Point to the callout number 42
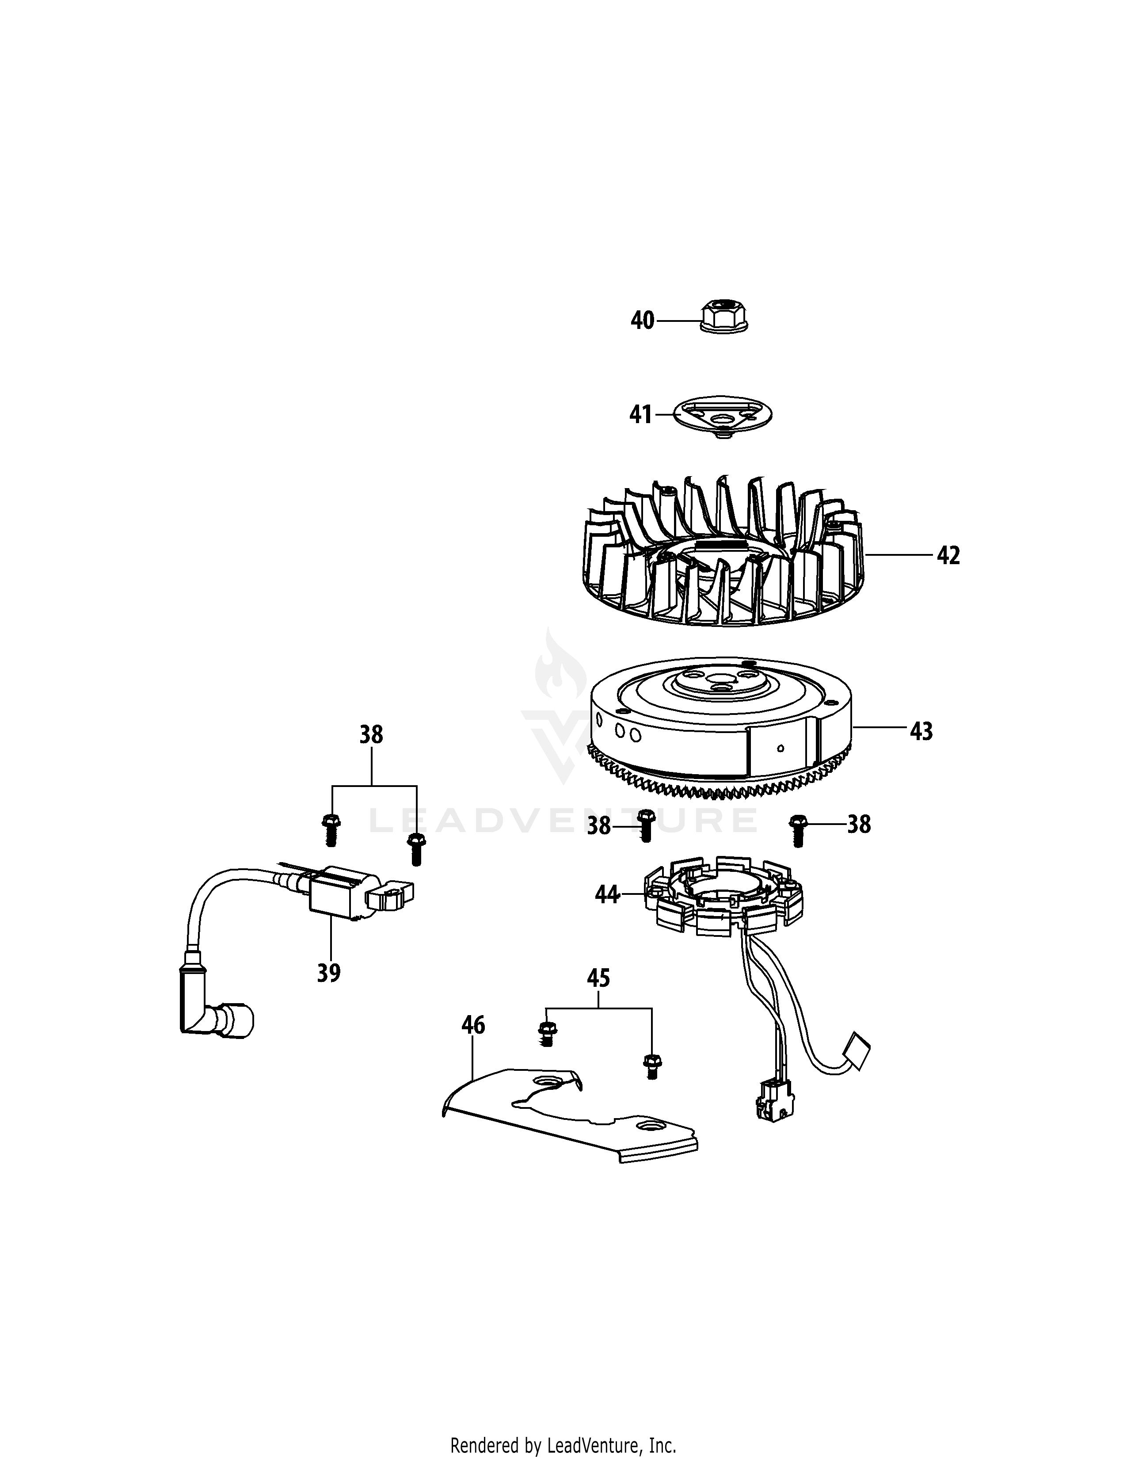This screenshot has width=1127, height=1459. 948,555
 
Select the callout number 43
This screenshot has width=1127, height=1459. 921,732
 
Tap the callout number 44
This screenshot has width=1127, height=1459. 607,894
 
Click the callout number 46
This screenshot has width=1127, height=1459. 473,1025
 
